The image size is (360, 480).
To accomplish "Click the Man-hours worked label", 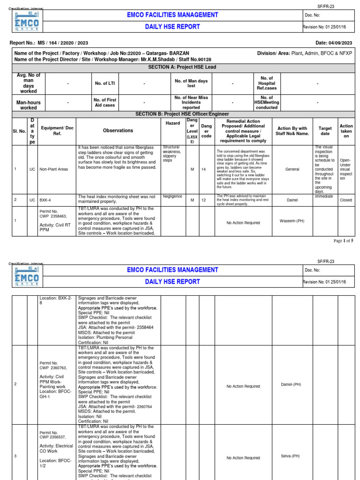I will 28,105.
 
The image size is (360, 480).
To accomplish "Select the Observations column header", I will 118,131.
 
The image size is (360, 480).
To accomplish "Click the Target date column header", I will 325,131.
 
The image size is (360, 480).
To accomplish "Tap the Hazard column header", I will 172,123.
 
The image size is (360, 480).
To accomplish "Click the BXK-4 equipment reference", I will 45,200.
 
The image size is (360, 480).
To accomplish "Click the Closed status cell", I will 346,200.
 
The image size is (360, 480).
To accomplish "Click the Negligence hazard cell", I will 172,196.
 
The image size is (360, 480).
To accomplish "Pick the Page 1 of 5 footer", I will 344,241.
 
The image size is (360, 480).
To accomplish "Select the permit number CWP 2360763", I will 52,368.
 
